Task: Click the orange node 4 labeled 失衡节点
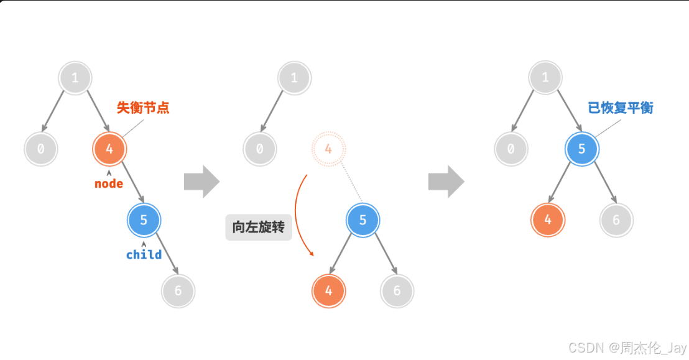point(109,149)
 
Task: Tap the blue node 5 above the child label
point(144,219)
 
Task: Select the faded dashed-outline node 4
point(328,149)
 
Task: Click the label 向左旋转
point(258,228)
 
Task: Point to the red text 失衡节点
point(143,108)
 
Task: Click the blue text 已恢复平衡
point(621,108)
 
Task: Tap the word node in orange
point(109,184)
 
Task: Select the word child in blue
point(144,254)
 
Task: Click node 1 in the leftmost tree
point(75,78)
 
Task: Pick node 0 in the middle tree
point(259,149)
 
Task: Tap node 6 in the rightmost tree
point(616,219)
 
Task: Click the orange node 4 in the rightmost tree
point(548,219)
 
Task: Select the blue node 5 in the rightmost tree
point(581,149)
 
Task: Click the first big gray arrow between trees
point(201,182)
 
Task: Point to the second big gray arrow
point(446,182)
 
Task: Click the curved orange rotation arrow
point(298,215)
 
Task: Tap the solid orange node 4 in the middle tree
point(328,290)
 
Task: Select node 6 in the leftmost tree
point(178,290)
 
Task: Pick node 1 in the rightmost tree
point(545,78)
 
